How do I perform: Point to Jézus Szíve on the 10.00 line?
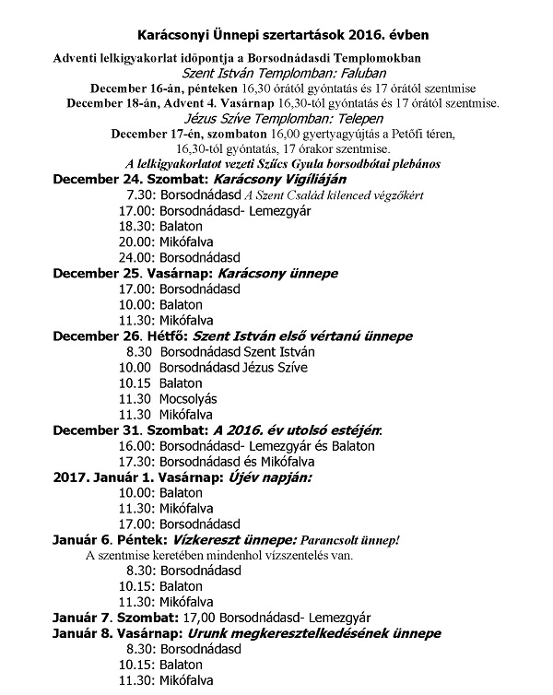(274, 368)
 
